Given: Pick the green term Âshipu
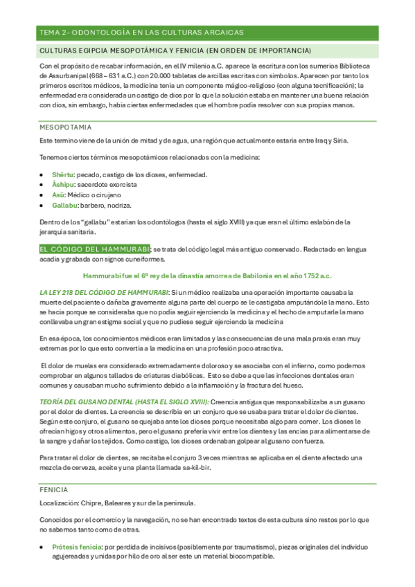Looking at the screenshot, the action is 63,185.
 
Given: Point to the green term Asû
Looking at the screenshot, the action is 59,195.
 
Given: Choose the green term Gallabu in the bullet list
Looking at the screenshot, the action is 64,206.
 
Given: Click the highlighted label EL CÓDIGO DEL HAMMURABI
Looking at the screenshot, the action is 94,249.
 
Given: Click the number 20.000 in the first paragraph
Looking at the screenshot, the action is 161,75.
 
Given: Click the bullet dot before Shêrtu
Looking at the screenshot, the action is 42,174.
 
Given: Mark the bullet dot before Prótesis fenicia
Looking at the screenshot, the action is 42,547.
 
